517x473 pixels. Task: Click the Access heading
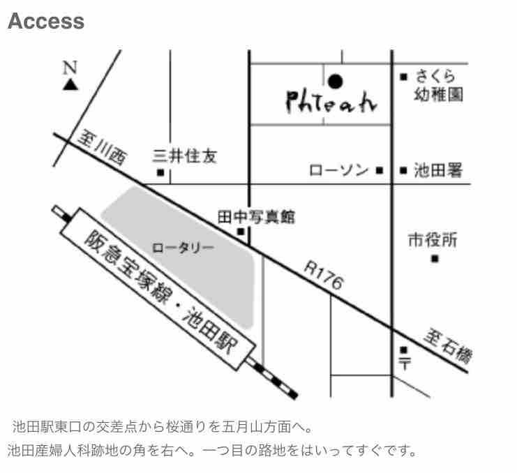click(45, 22)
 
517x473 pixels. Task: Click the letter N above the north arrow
click(70, 68)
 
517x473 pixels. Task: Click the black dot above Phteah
click(336, 82)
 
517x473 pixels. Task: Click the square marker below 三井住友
click(160, 172)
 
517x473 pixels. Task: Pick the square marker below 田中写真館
click(241, 232)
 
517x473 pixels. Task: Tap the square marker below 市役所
click(434, 260)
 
